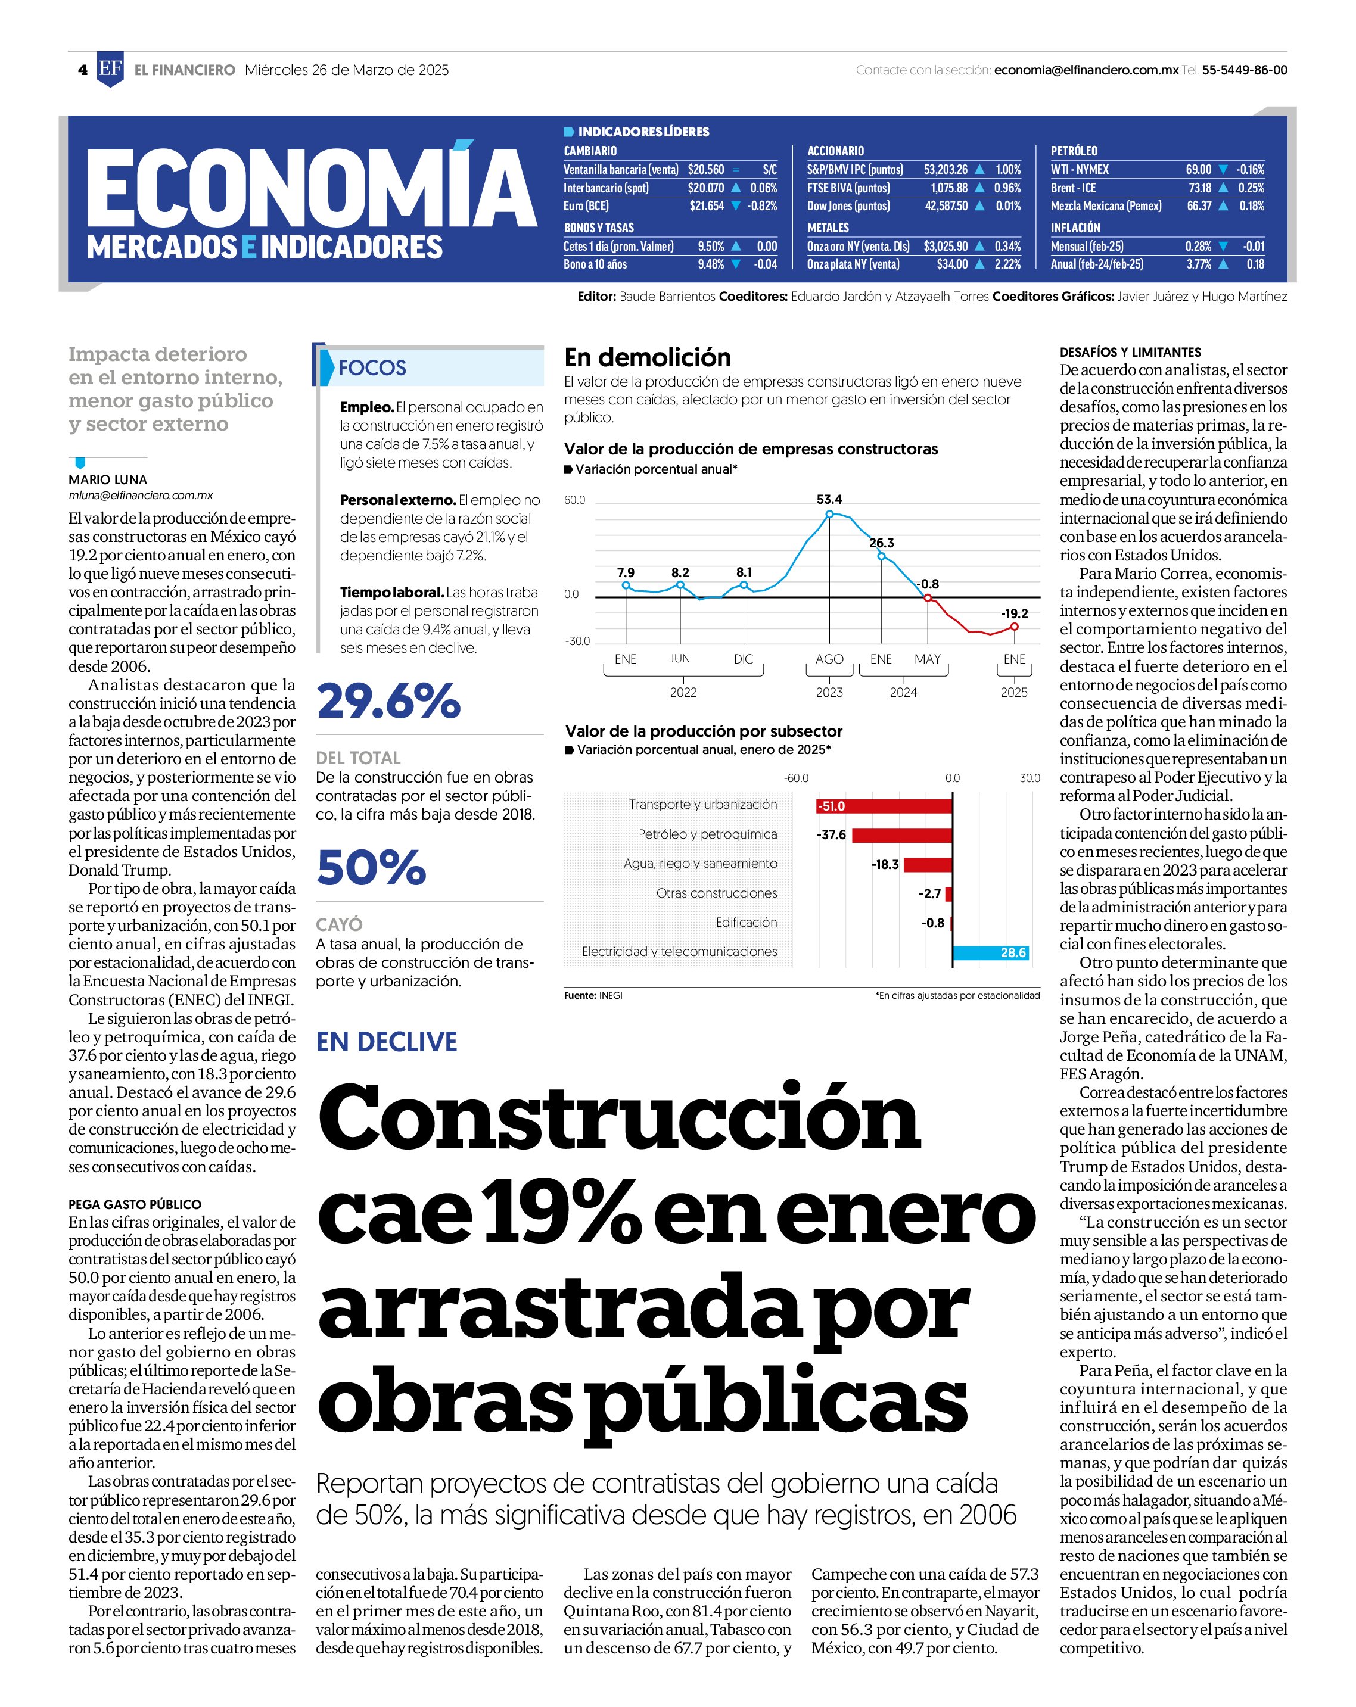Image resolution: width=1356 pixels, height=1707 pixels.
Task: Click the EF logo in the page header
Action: pyautogui.click(x=110, y=70)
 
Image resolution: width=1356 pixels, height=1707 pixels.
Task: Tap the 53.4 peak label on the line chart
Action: pyautogui.click(x=829, y=500)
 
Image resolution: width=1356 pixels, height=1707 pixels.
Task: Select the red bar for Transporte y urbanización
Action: pyautogui.click(x=884, y=806)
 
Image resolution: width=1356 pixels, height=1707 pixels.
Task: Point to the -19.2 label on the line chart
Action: pyautogui.click(x=1014, y=613)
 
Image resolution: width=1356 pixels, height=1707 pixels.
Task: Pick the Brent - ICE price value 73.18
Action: pyautogui.click(x=1200, y=188)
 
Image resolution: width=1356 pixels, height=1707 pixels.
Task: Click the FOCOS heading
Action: pyautogui.click(x=372, y=367)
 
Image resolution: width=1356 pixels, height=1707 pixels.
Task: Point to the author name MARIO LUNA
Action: pyautogui.click(x=108, y=480)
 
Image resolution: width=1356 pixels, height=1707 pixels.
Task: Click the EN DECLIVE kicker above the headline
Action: pyautogui.click(x=387, y=1042)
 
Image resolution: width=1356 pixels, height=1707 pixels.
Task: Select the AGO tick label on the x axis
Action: pyautogui.click(x=829, y=659)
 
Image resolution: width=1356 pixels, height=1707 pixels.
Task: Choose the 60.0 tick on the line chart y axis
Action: pyautogui.click(x=574, y=500)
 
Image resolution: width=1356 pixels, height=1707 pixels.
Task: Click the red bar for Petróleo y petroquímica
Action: pyautogui.click(x=902, y=835)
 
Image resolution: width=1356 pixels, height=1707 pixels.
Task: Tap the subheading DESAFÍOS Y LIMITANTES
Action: pyautogui.click(x=1130, y=353)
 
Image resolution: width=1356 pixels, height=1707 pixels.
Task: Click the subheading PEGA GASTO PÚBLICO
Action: pyautogui.click(x=135, y=1204)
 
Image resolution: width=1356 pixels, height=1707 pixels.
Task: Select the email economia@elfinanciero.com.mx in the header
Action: pyautogui.click(x=1086, y=70)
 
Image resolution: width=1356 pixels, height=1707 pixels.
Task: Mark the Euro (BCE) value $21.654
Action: pyautogui.click(x=707, y=206)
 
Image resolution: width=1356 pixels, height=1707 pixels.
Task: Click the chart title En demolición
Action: pyautogui.click(x=647, y=358)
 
